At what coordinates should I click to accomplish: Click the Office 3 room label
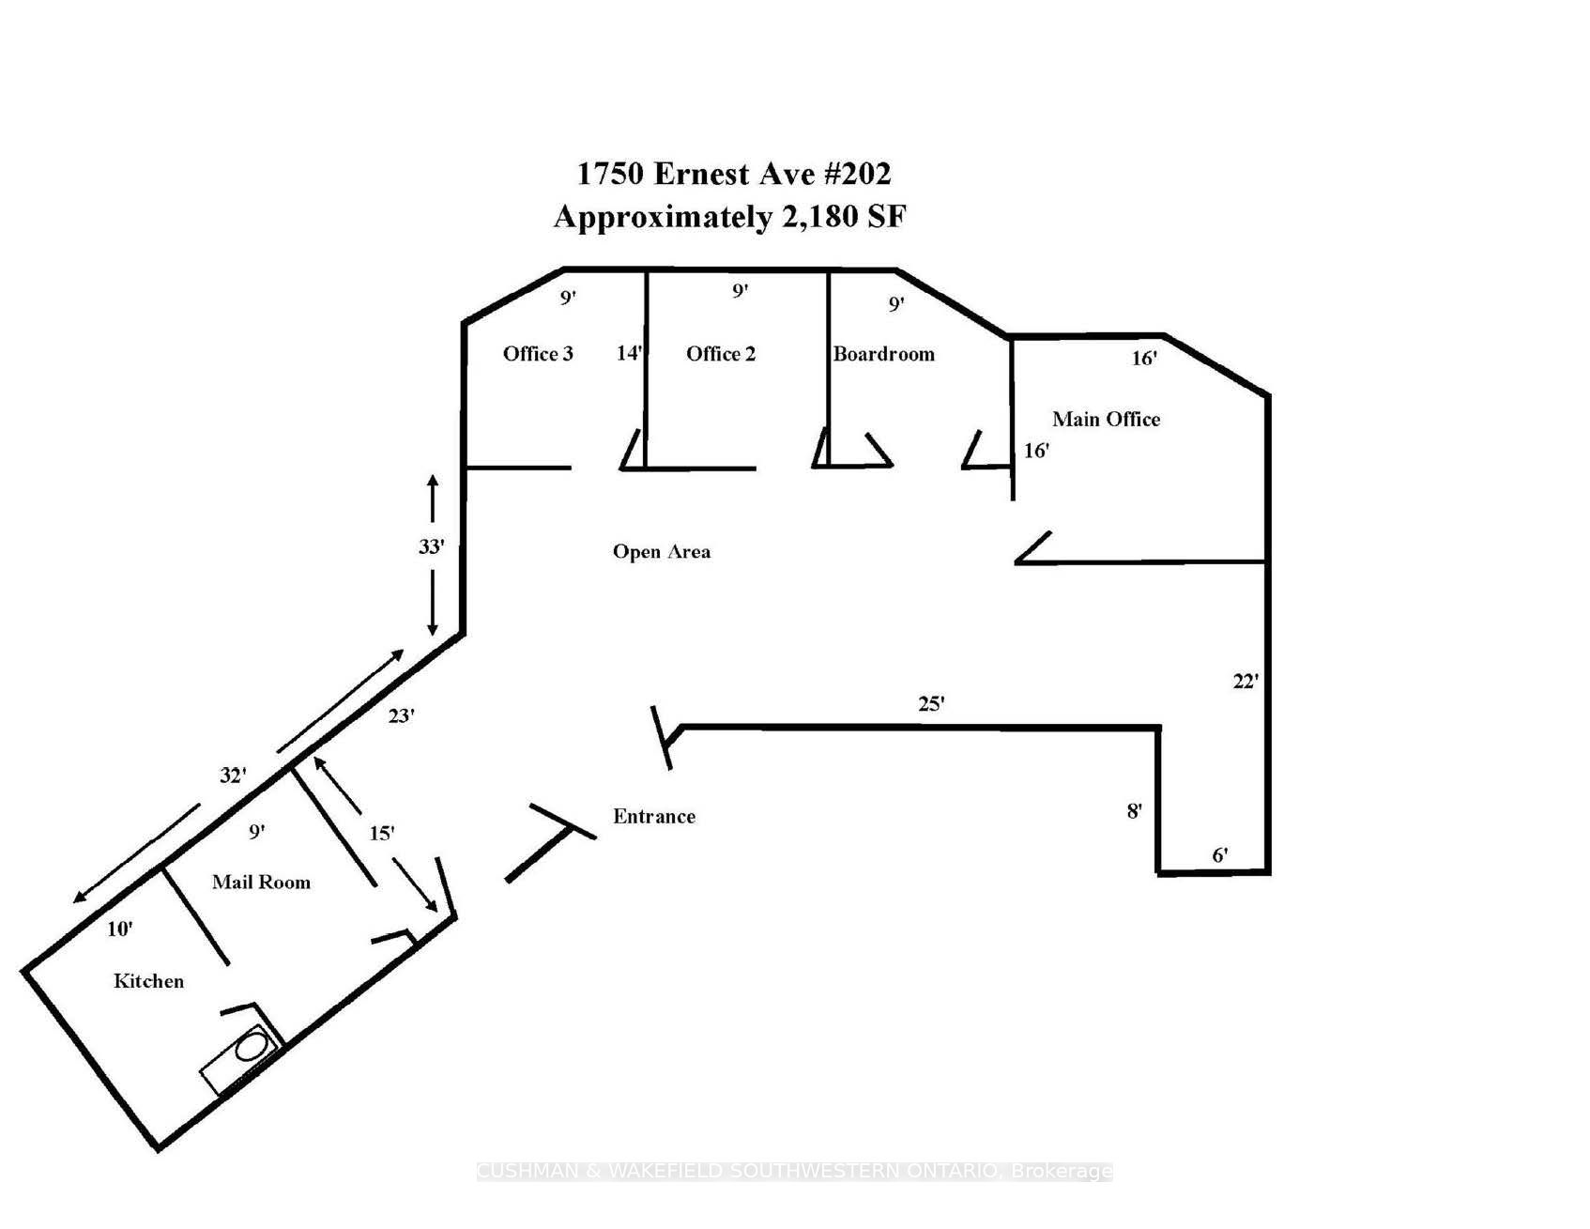(538, 354)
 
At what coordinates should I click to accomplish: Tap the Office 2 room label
(721, 354)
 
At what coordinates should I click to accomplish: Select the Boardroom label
(884, 354)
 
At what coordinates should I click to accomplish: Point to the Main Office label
(1106, 419)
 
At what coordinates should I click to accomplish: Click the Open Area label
(662, 552)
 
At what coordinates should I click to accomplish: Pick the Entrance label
(654, 817)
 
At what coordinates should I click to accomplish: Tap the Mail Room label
(261, 882)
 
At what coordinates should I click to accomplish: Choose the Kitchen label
(148, 981)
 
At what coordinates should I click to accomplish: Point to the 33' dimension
(431, 546)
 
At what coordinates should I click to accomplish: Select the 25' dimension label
(931, 703)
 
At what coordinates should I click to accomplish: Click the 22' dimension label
(1246, 682)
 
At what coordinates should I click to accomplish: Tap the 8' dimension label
(1135, 810)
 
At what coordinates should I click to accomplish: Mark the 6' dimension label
(1220, 854)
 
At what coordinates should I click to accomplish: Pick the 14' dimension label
(630, 353)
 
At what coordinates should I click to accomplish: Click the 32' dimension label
(233, 776)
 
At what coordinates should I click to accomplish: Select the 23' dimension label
(402, 715)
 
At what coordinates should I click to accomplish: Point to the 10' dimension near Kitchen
(120, 929)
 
